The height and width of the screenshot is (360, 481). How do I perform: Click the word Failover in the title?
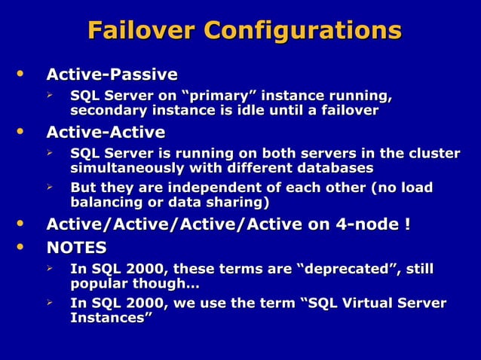tap(141, 31)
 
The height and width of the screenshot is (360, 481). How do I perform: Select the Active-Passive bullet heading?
tap(112, 75)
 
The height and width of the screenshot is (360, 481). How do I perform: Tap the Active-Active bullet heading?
tap(106, 133)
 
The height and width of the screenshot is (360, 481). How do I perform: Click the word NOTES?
tap(76, 248)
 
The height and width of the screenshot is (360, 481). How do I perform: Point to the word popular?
tap(97, 285)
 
